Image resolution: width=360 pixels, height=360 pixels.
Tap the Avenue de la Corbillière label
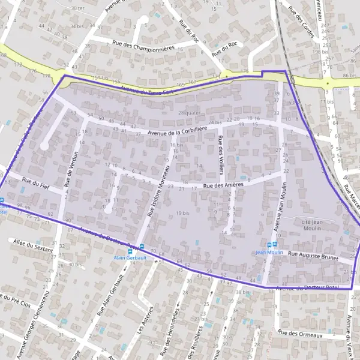177,130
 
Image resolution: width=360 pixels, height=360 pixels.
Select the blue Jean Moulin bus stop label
269,253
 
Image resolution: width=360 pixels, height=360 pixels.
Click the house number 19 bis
182,213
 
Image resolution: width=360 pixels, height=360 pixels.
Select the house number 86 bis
349,76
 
